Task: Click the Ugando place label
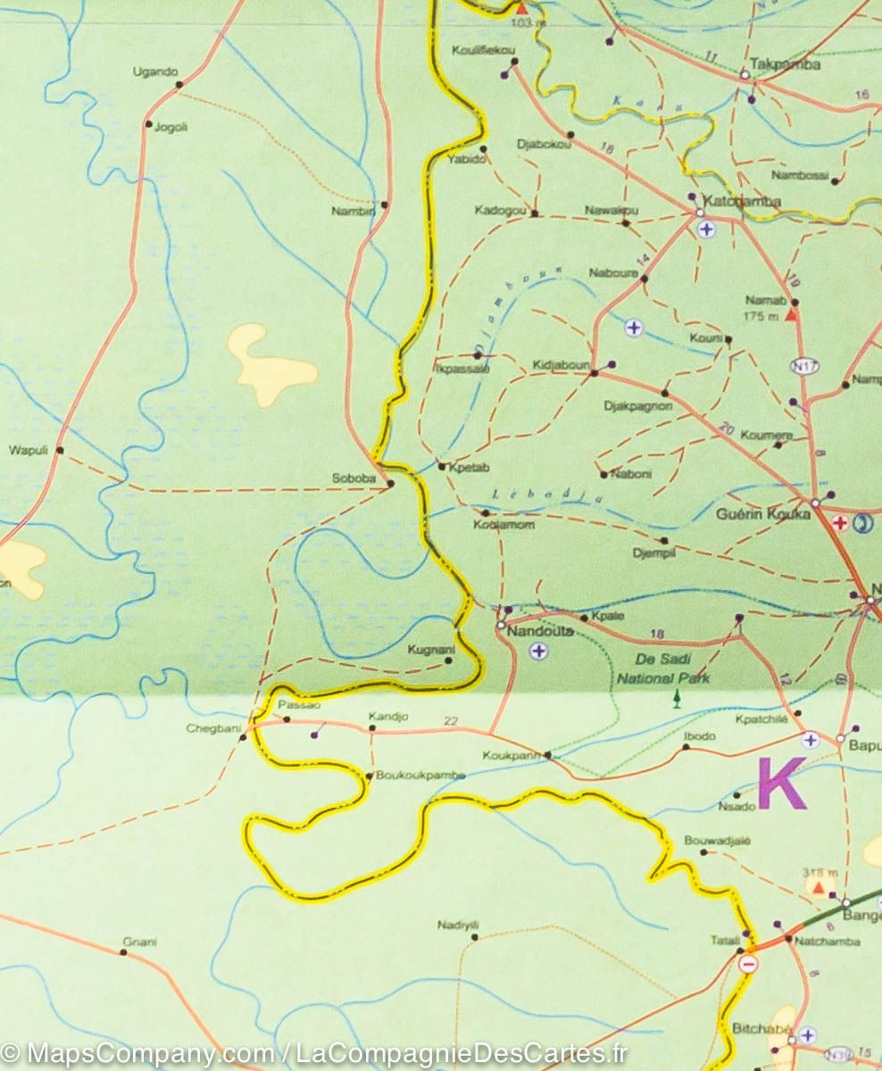click(x=155, y=71)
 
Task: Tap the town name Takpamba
click(x=772, y=64)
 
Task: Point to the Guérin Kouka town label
click(x=763, y=514)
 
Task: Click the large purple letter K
click(x=781, y=783)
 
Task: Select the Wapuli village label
click(x=26, y=450)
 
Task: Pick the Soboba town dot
click(x=390, y=485)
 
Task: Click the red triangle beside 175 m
click(x=790, y=315)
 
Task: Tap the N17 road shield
click(x=803, y=366)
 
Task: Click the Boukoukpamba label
click(x=420, y=776)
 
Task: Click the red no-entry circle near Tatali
click(x=749, y=964)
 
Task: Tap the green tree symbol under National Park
click(x=678, y=696)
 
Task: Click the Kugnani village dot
click(x=448, y=660)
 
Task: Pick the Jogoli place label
click(x=171, y=127)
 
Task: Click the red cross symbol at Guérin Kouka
click(x=839, y=523)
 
